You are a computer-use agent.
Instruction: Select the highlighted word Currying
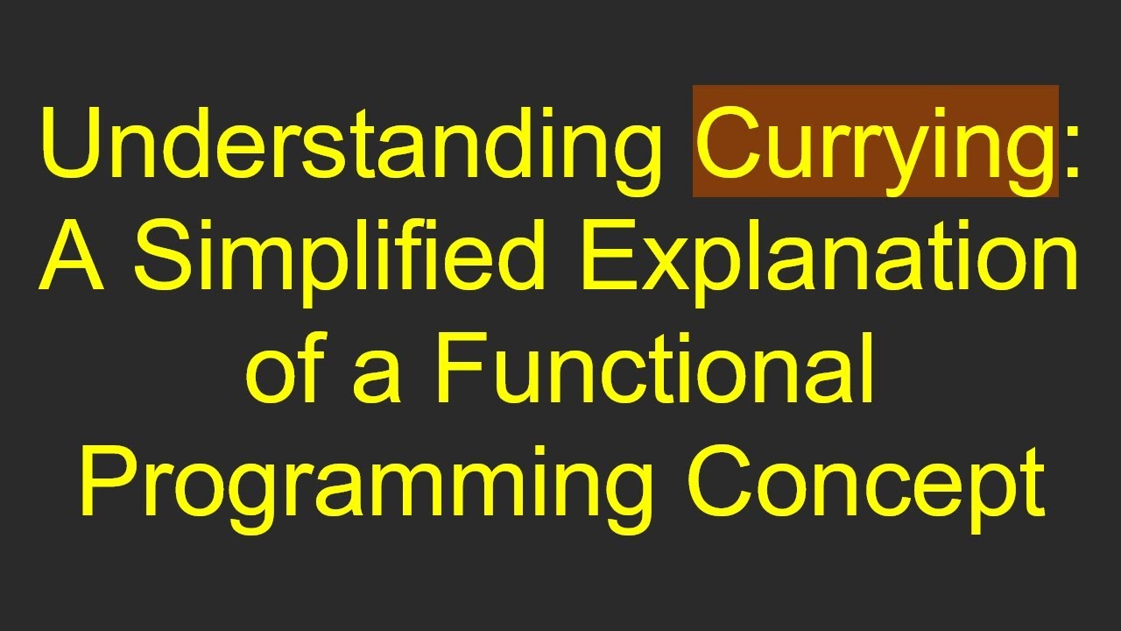coord(875,142)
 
